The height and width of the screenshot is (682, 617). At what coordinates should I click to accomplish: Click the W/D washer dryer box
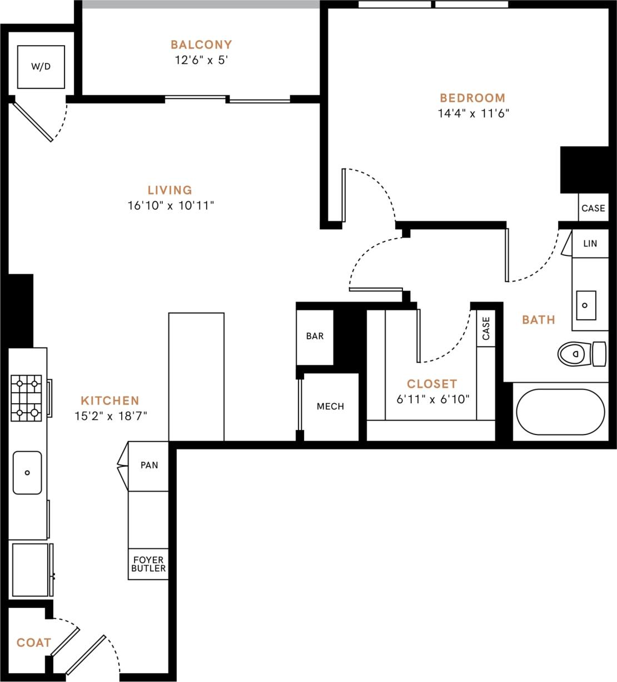[41, 67]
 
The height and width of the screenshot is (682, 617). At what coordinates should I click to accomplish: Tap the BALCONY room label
[201, 45]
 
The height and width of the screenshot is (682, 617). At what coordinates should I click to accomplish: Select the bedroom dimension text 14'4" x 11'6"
[473, 113]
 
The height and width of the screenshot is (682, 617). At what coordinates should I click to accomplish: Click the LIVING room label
[170, 190]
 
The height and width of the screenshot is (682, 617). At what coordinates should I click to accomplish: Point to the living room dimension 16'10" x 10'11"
[171, 206]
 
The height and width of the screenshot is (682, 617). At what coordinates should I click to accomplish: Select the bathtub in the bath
[560, 412]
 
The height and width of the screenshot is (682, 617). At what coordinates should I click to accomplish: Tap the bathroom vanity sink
[585, 305]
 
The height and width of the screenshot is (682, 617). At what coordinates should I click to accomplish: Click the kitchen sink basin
[27, 472]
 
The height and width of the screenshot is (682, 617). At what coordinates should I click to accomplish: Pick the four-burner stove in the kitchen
[27, 398]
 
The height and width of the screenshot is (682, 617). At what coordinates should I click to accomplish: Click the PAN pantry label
[149, 466]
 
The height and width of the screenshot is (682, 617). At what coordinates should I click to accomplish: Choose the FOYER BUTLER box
[148, 564]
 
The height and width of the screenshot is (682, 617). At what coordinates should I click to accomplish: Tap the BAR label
[315, 337]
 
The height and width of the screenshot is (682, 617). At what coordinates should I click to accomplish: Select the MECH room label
[330, 407]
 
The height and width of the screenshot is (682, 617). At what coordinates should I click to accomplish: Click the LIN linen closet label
[590, 244]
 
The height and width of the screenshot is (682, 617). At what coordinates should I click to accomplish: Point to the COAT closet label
[34, 643]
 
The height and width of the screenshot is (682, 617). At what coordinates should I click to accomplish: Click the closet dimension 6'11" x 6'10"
[433, 399]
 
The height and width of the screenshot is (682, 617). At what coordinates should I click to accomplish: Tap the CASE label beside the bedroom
[593, 208]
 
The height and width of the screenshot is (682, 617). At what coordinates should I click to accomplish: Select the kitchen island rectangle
[196, 377]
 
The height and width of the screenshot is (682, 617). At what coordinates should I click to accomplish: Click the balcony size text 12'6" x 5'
[201, 60]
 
